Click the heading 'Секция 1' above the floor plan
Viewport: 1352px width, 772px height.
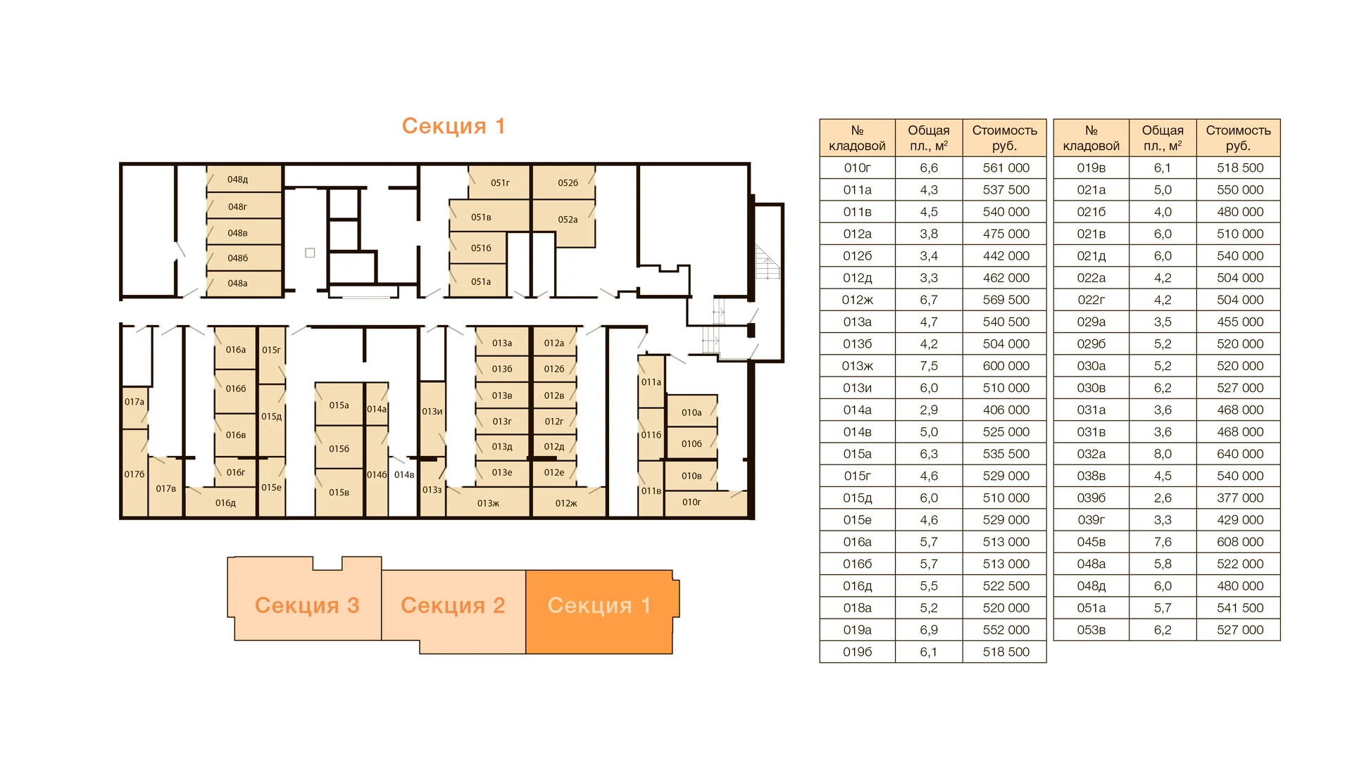coord(453,126)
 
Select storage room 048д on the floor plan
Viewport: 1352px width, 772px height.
coord(244,179)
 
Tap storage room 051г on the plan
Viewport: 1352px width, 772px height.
coord(499,182)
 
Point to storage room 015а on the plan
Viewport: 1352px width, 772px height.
coord(339,405)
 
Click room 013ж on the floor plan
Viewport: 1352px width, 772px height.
coord(488,502)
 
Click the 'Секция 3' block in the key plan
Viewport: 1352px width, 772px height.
coord(306,605)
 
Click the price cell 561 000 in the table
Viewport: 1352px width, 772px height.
coord(1005,167)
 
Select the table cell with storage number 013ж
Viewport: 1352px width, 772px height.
coord(858,366)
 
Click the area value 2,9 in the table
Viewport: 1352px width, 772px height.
coord(929,410)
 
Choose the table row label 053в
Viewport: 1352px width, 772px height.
coord(1091,630)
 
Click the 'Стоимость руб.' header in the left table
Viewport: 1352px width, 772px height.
coord(1005,138)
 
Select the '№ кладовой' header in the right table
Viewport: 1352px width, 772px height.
coord(1091,138)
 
